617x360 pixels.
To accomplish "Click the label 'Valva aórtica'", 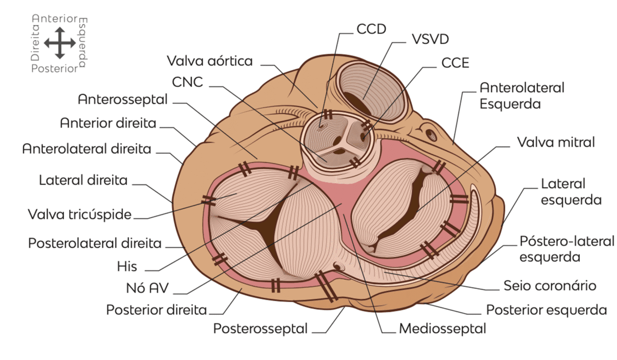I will (210, 61).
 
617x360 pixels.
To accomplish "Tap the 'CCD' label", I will (371, 29).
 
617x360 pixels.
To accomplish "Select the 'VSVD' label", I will (430, 40).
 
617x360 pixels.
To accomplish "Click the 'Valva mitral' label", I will (556, 142).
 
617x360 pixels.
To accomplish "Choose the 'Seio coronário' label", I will (550, 285).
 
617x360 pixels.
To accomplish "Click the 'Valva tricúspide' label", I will (80, 214).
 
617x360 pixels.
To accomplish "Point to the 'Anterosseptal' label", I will (123, 99).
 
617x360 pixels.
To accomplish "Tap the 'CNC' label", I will (188, 82).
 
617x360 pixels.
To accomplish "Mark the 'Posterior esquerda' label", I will (547, 310).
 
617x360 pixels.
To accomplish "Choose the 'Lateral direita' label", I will (83, 181).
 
